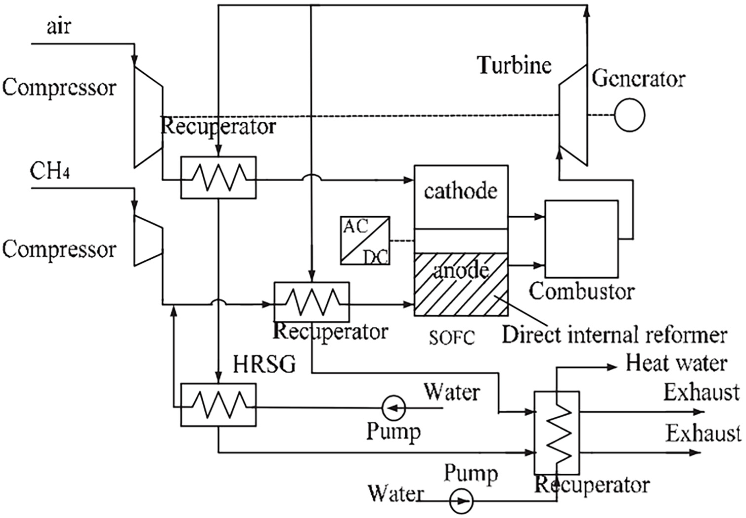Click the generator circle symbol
630,115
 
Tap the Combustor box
581,239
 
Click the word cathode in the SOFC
461,191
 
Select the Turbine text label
514,65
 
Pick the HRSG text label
264,364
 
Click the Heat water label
676,363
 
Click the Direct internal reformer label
614,335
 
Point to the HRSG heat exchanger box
218,405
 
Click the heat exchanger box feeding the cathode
218,178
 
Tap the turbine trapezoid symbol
573,115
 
